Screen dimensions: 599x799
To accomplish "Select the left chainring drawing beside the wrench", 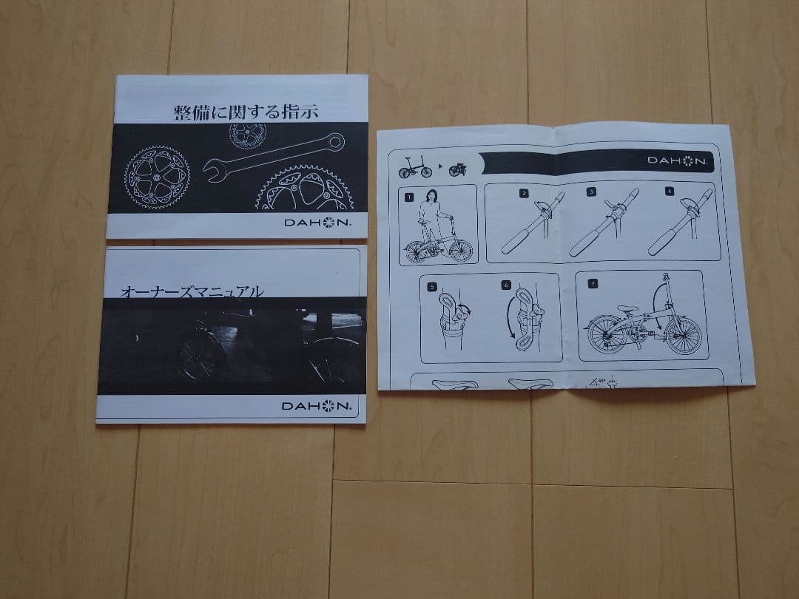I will pos(156,176).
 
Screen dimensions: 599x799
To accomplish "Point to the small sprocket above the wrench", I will pos(247,134).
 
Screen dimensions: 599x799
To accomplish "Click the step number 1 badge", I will pos(408,197).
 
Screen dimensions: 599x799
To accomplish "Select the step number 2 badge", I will pos(524,194).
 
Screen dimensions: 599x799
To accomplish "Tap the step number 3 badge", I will pos(592,192).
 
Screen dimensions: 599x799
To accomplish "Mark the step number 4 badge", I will pos(669,192).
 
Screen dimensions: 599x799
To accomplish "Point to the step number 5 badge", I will pos(432,285).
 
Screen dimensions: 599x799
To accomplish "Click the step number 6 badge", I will pos(506,284).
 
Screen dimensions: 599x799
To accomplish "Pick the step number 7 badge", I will pos(592,283).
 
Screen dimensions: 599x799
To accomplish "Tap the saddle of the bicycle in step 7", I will pos(627,309).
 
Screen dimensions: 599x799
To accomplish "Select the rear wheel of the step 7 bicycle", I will pos(605,334).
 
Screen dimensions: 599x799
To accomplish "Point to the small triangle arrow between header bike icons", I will pos(440,167).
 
